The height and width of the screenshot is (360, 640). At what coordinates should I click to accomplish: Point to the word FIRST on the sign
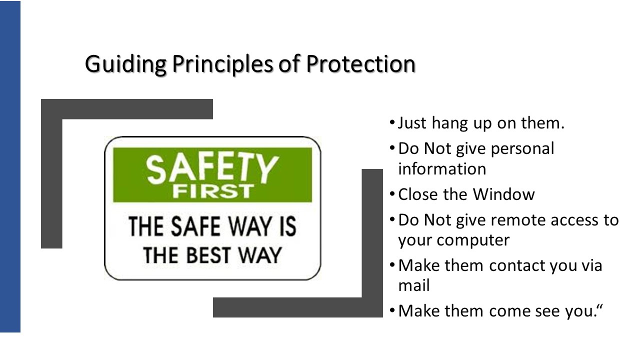[x=212, y=192]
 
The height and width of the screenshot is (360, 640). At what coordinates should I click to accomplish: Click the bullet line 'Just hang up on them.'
[x=481, y=123]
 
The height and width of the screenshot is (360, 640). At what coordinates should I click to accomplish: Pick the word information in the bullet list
[x=442, y=169]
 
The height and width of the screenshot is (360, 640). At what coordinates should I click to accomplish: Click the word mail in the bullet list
[x=414, y=286]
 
